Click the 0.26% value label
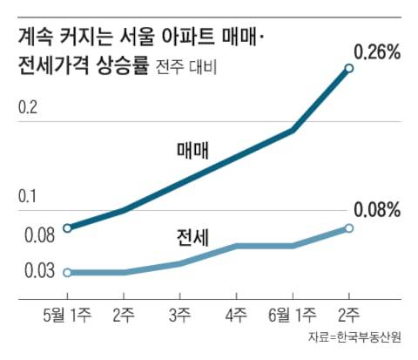(377, 51)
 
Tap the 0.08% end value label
(377, 210)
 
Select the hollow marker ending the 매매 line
(349, 68)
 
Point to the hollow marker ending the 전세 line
(349, 228)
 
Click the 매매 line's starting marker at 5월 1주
(69, 228)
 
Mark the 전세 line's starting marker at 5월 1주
(69, 272)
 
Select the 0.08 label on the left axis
(33, 234)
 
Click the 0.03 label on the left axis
(33, 271)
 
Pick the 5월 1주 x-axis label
(69, 312)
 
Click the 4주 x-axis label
(236, 312)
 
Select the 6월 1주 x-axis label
(292, 312)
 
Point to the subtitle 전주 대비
(187, 66)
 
